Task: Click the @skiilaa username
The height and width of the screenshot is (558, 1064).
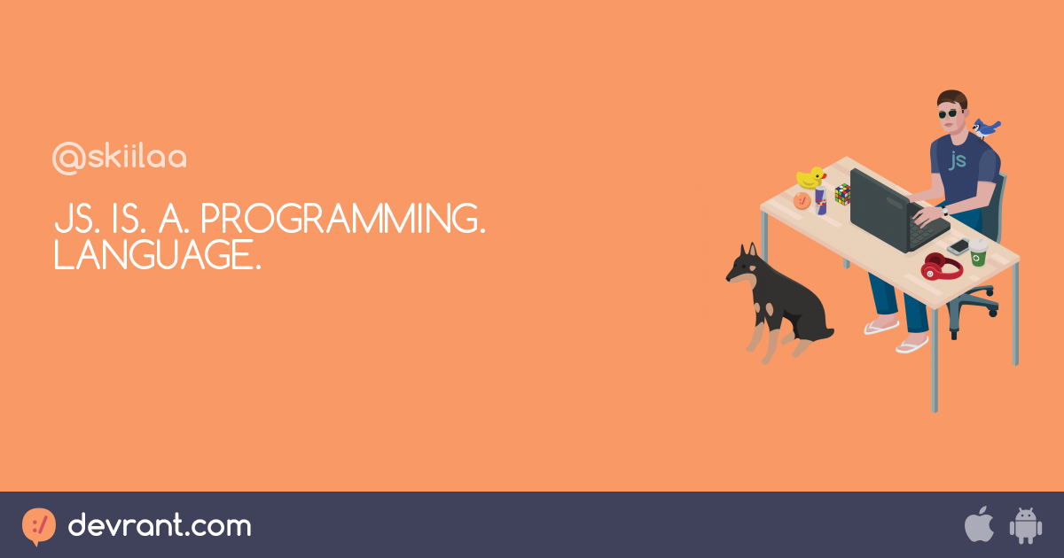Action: click(x=119, y=157)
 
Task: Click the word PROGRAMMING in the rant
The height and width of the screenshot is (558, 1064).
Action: click(x=343, y=218)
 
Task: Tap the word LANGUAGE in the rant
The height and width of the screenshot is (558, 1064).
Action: click(x=157, y=255)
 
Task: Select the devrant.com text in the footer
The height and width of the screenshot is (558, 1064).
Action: click(x=160, y=525)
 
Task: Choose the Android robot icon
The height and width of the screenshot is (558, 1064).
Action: click(x=1026, y=526)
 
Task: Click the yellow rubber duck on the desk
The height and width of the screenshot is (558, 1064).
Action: click(x=810, y=177)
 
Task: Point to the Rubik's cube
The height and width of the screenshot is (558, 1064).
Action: click(x=842, y=194)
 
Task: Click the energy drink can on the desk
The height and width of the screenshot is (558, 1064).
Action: click(x=821, y=201)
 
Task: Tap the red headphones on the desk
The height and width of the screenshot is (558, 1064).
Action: click(x=942, y=267)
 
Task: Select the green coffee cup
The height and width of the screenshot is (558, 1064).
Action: click(x=979, y=252)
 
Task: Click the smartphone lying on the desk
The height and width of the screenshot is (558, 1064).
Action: click(x=958, y=246)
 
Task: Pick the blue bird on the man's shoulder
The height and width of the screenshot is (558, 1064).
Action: click(x=985, y=128)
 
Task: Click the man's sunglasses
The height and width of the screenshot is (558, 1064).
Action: click(x=950, y=114)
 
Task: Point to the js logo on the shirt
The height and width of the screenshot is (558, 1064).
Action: click(x=957, y=160)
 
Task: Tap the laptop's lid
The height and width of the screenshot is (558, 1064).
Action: click(x=880, y=209)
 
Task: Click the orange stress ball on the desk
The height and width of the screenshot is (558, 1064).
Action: click(x=802, y=201)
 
